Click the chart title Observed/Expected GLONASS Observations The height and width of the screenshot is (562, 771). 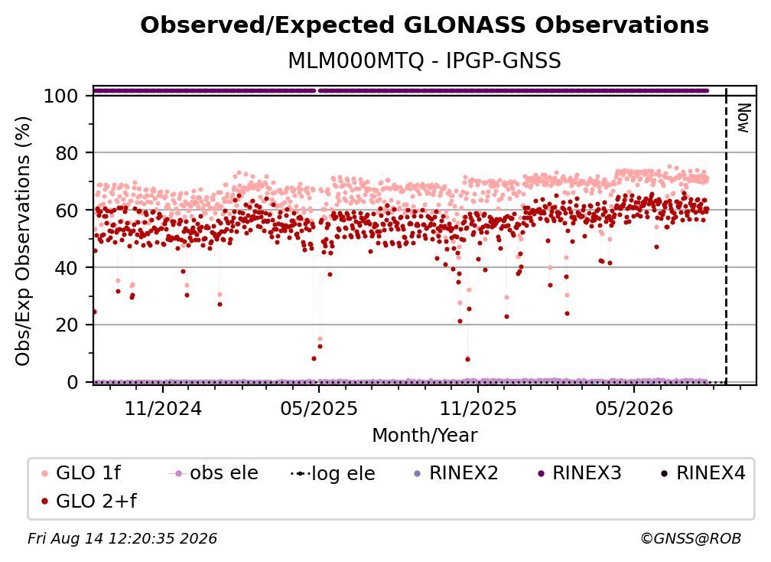(x=425, y=25)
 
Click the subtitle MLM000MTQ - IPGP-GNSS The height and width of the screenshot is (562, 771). (x=425, y=61)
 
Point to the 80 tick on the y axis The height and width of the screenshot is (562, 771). (x=67, y=153)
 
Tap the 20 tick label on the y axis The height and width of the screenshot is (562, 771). (x=67, y=325)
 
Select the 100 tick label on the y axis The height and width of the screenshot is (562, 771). (x=61, y=96)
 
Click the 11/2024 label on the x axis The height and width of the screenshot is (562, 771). (x=163, y=408)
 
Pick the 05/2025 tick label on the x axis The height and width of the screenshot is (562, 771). (x=319, y=408)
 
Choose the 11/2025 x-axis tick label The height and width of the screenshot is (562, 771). (x=478, y=408)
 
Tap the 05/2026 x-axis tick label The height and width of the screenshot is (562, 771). (x=634, y=408)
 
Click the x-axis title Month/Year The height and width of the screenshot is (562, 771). (x=425, y=436)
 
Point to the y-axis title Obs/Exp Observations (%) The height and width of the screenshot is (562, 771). (x=23, y=241)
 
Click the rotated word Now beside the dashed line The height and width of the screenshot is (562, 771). (x=743, y=118)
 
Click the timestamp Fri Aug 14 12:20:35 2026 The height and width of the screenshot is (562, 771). (x=122, y=539)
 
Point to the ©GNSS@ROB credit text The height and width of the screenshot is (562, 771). (x=691, y=539)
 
